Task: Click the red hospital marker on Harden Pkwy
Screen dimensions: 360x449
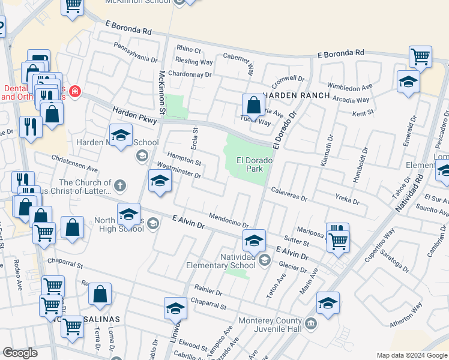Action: click(x=75, y=92)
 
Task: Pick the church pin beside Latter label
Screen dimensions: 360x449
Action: click(x=120, y=185)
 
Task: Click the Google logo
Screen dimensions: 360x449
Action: click(x=20, y=353)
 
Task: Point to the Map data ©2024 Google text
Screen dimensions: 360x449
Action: click(x=412, y=355)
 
